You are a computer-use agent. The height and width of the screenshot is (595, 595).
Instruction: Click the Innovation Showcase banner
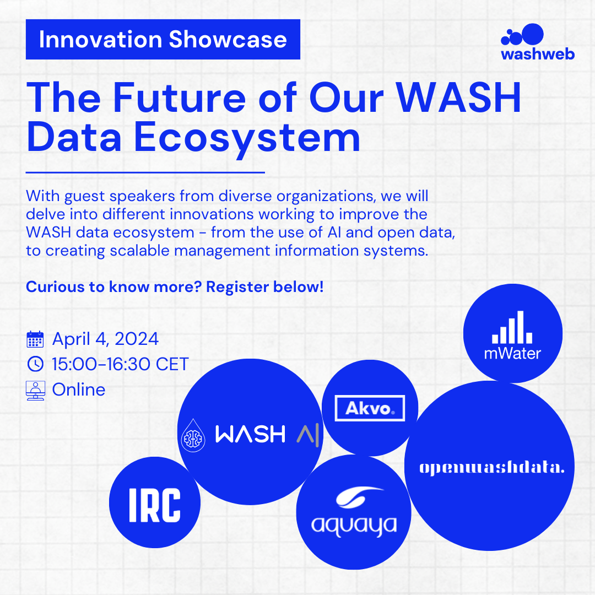163,40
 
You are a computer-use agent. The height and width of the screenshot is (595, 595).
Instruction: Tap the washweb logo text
538,54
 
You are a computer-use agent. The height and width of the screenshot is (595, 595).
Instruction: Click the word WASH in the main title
458,98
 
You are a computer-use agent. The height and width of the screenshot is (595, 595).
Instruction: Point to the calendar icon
35,339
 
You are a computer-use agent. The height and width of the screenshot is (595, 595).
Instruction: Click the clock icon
36,364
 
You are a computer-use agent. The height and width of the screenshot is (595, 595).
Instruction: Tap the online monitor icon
36,391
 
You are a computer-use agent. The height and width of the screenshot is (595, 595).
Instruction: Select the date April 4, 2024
105,339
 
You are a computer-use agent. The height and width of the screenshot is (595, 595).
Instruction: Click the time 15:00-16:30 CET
120,364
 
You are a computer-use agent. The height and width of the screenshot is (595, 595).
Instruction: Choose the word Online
79,390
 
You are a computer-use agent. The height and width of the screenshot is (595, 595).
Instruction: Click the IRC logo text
155,505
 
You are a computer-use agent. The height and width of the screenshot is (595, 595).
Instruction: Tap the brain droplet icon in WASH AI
193,436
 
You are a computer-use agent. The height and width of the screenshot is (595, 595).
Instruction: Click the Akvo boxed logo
370,408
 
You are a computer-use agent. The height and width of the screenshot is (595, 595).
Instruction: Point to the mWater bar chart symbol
512,327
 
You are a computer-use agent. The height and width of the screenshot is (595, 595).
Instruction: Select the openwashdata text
492,468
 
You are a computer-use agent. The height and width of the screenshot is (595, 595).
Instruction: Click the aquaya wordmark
354,526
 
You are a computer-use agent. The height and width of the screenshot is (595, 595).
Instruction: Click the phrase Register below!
265,287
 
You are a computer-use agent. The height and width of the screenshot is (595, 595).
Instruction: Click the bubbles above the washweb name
522,35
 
